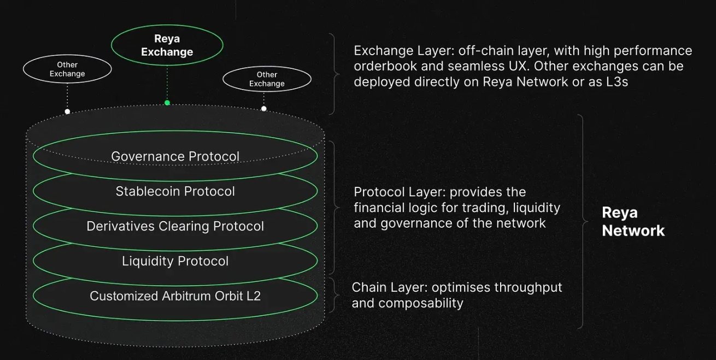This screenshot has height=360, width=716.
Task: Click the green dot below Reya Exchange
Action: tap(167, 103)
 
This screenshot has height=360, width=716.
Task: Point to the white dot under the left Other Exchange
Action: tap(67, 111)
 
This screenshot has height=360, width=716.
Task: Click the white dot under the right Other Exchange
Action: tap(263, 109)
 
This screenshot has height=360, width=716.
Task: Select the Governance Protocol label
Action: tap(175, 157)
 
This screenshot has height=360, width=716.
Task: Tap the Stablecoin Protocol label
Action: tap(175, 191)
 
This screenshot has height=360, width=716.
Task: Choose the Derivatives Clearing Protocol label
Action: tap(175, 226)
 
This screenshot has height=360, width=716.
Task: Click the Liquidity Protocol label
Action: tap(175, 261)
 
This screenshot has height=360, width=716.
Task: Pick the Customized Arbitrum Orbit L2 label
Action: tap(175, 296)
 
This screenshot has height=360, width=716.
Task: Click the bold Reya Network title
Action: tap(633, 221)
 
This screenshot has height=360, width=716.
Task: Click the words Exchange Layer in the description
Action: tap(404, 51)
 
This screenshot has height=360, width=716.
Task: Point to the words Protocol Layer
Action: tap(400, 192)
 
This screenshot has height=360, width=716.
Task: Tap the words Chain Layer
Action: tap(390, 287)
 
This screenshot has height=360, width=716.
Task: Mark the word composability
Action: tap(421, 303)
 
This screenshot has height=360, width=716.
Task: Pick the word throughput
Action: tap(528, 287)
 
